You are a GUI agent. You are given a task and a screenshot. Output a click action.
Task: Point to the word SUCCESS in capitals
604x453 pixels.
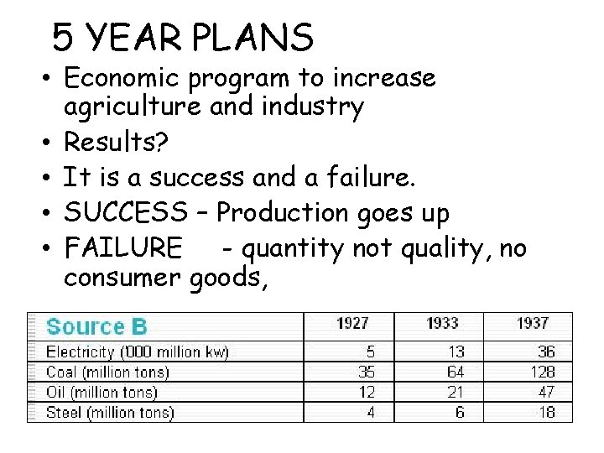(126, 214)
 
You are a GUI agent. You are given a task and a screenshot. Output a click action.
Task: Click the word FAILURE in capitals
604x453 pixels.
(122, 249)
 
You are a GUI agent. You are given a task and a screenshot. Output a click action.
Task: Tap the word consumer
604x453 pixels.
(123, 278)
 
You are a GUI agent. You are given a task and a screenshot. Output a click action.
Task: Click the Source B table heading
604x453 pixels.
(96, 327)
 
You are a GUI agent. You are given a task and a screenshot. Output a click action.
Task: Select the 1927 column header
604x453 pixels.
(352, 324)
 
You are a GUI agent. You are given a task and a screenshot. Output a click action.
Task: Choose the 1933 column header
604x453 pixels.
(442, 324)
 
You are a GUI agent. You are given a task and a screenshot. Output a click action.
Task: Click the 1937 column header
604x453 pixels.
(532, 324)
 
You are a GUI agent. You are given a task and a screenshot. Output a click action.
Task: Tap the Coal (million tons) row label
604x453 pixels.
(107, 372)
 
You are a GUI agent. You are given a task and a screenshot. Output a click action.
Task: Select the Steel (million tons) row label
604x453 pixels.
(110, 412)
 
